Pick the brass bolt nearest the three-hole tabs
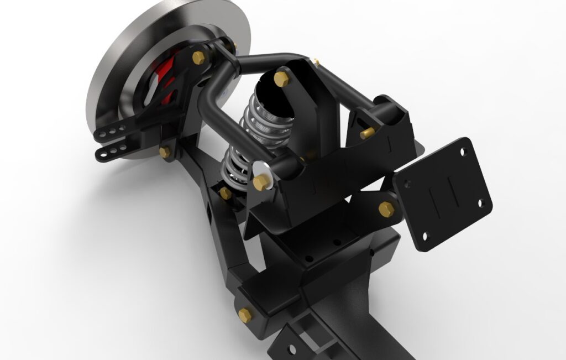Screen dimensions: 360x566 [x=164, y=152]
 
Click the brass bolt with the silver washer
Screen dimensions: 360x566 [x=261, y=182]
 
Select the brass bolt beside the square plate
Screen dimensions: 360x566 [x=386, y=208]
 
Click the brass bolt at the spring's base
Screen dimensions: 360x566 [x=225, y=193]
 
